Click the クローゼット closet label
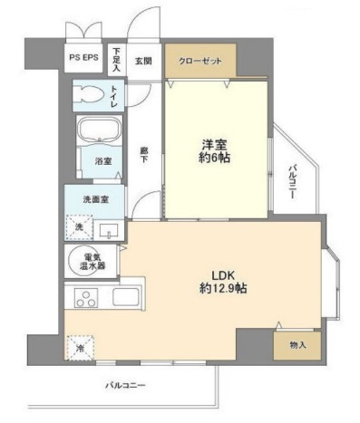click(199, 60)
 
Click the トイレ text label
click(113, 95)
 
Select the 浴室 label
click(105, 161)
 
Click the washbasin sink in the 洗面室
click(108, 229)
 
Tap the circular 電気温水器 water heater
click(87, 262)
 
